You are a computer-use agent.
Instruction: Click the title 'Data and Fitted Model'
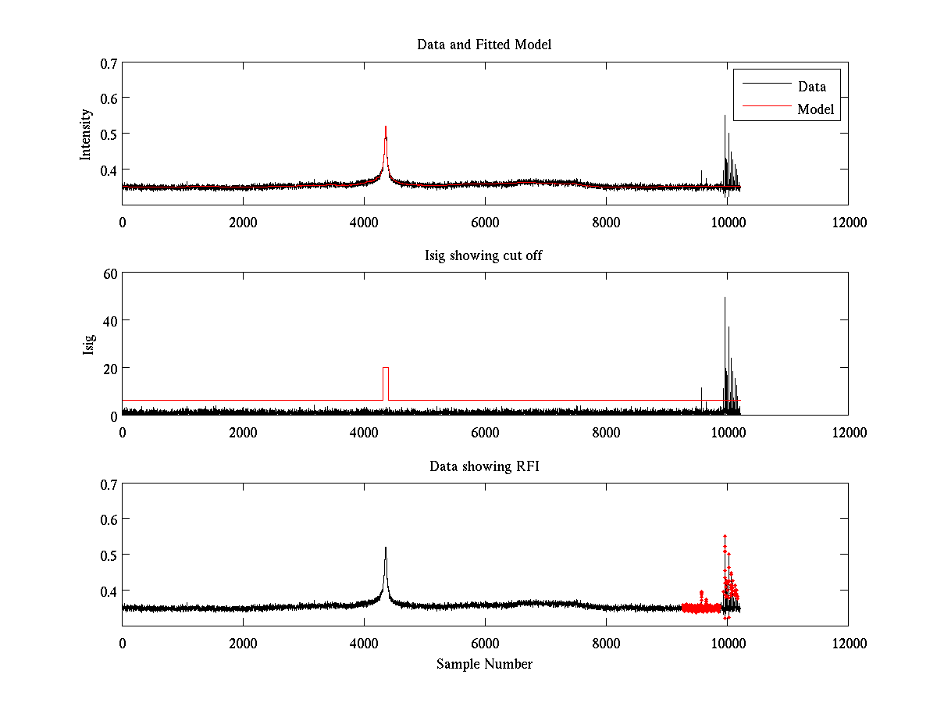(484, 45)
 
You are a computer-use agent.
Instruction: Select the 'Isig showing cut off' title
(483, 255)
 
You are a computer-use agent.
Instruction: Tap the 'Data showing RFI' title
(484, 466)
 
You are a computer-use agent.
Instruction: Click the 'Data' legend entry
(811, 87)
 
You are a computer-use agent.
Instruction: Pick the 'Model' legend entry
(815, 109)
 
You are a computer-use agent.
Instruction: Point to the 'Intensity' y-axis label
(87, 134)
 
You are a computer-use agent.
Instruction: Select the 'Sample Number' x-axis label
(484, 664)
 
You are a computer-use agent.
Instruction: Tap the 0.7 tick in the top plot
(109, 62)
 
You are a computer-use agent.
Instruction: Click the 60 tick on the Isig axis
(109, 273)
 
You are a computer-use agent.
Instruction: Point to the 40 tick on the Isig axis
(109, 320)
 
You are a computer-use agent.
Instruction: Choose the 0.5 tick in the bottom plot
(109, 555)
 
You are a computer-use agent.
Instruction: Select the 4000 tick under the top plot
(364, 223)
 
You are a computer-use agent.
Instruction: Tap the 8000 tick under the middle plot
(606, 433)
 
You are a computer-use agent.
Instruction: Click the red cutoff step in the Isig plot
(386, 368)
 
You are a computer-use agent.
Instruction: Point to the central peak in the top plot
(386, 129)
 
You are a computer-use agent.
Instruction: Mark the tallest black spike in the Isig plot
(725, 298)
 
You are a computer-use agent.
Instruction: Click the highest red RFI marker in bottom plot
(725, 536)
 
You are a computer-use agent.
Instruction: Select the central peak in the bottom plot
(386, 549)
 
